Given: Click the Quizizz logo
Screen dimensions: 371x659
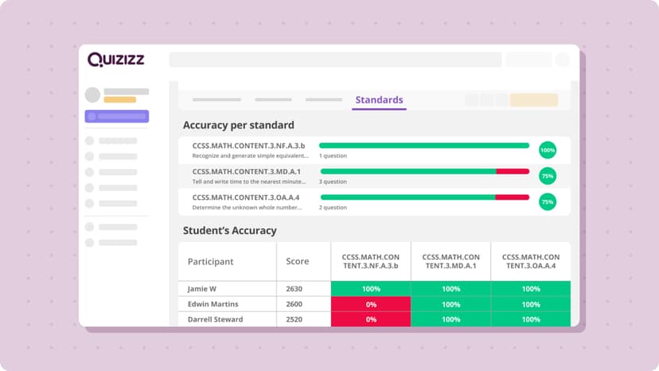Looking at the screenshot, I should click(x=116, y=60).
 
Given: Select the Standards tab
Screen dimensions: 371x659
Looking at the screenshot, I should click(x=379, y=100).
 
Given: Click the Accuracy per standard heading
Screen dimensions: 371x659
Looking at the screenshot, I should click(x=239, y=125).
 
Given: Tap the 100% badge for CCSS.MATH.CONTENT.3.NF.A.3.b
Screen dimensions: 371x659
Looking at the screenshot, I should click(x=548, y=150).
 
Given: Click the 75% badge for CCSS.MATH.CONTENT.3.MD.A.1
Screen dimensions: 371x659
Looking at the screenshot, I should click(x=548, y=176).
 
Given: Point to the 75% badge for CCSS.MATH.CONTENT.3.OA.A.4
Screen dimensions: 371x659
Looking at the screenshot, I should click(x=548, y=202).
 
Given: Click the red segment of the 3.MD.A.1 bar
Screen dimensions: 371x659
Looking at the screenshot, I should click(x=513, y=171).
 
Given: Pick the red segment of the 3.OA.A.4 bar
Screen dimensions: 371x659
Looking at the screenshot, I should click(x=513, y=197).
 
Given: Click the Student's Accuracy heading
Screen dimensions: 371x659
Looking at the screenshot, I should click(x=230, y=231).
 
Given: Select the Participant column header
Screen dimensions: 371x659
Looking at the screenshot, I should click(x=211, y=261).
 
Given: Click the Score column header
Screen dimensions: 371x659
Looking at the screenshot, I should click(x=298, y=261).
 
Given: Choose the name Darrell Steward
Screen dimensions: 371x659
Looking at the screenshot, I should click(x=216, y=319).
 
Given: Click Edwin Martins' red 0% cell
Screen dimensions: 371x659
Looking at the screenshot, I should click(x=371, y=304).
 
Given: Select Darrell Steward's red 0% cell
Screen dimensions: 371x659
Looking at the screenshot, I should click(x=371, y=319).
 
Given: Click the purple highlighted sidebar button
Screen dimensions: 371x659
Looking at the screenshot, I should click(x=116, y=116).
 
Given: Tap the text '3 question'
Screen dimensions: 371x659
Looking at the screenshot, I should click(x=333, y=182).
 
